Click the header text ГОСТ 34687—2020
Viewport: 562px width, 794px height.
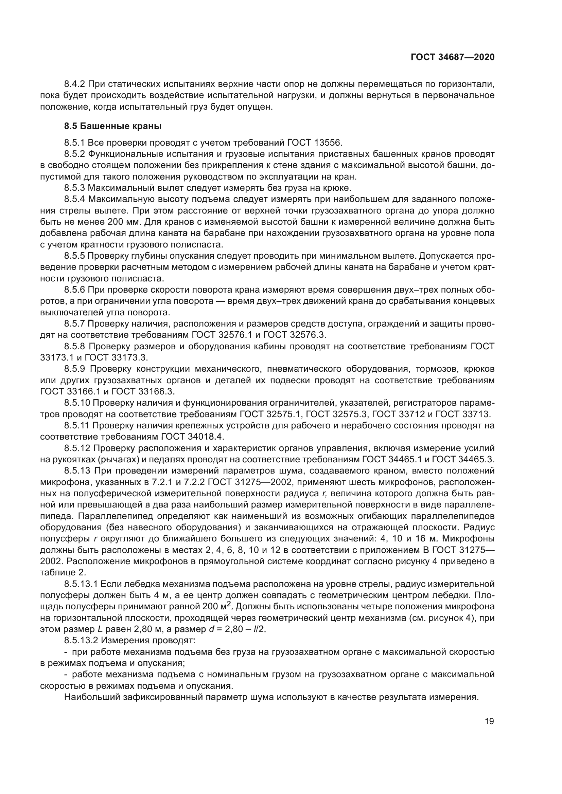point(452,57)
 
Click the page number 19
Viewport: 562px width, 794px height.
point(489,721)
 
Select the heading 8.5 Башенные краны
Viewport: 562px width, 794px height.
point(113,126)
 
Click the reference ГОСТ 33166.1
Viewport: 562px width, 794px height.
point(74,391)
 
